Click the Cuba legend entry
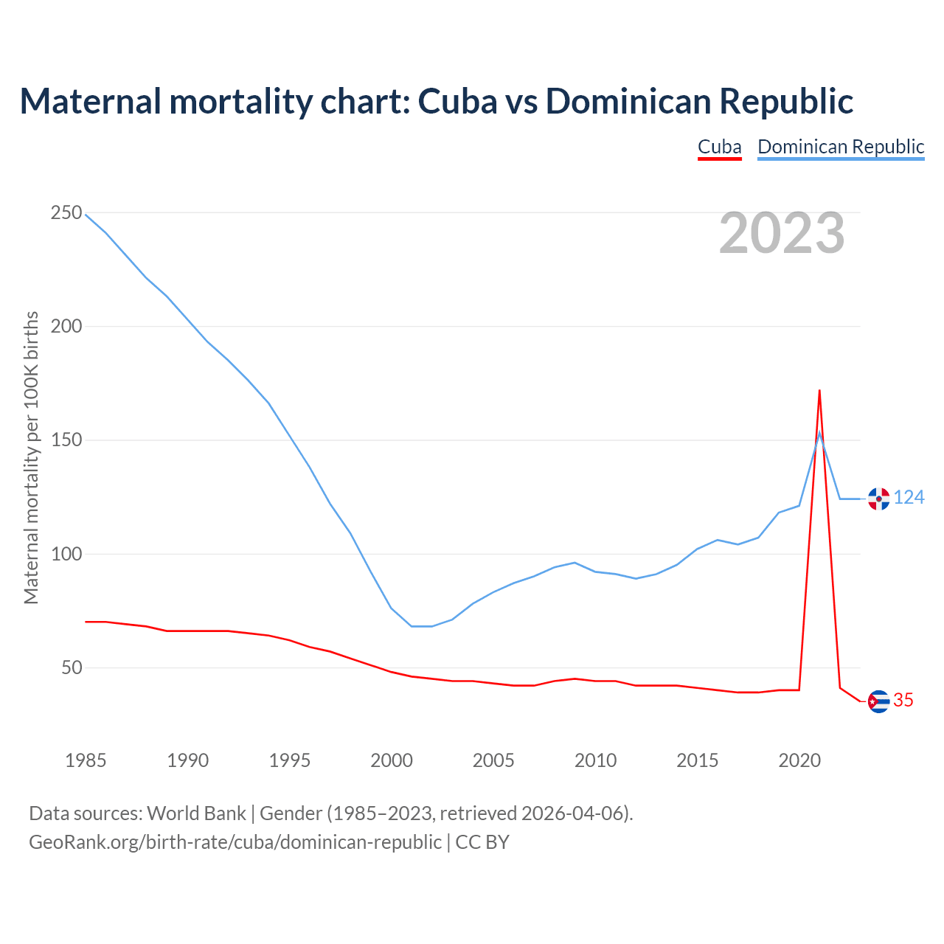[719, 147]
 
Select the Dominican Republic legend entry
[841, 147]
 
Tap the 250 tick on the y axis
[66, 213]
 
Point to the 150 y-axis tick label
[66, 440]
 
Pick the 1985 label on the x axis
[86, 760]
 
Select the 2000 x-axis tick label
[392, 760]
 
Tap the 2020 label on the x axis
[799, 760]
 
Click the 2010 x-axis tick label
[595, 760]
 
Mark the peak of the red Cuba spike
[819, 390]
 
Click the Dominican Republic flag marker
[878, 499]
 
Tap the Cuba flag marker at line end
[878, 701]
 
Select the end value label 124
[909, 498]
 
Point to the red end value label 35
[903, 701]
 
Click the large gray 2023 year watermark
[782, 233]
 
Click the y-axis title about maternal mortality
[31, 457]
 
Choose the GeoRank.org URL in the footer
[235, 841]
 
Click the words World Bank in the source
[196, 813]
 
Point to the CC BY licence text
[482, 841]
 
